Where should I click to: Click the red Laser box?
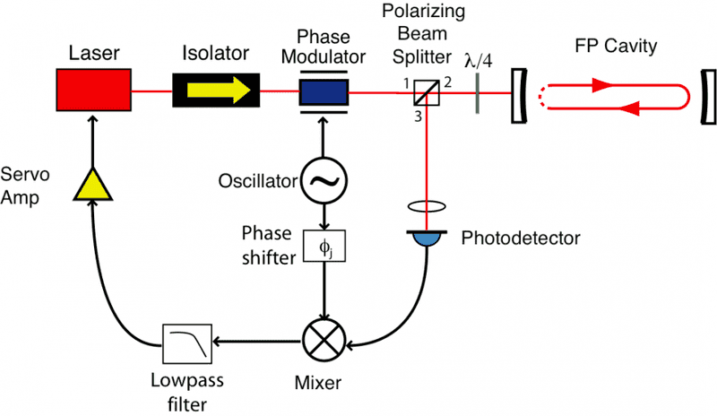[94, 91]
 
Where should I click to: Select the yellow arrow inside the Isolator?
[214, 91]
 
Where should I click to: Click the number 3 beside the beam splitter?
[418, 111]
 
